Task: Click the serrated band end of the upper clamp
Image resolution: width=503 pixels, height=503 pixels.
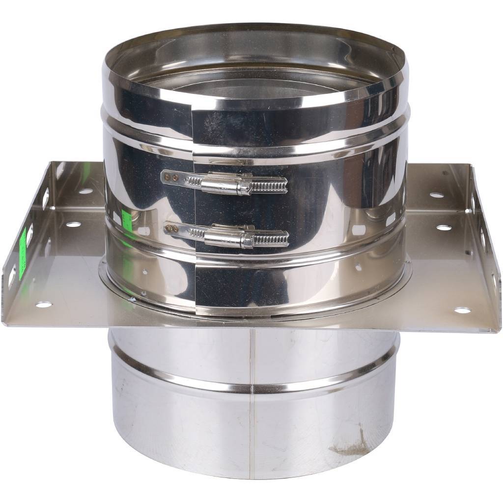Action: pyautogui.click(x=269, y=185)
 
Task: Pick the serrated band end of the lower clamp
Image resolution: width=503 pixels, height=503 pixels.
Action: pyautogui.click(x=271, y=240)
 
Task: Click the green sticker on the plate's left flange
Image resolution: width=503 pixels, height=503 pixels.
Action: pyautogui.click(x=22, y=253)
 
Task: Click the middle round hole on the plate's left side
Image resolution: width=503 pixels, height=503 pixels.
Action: pyautogui.click(x=73, y=224)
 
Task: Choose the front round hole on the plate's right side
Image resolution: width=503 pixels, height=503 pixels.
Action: pyautogui.click(x=462, y=310)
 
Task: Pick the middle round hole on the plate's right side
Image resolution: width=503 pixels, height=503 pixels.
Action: pyautogui.click(x=444, y=228)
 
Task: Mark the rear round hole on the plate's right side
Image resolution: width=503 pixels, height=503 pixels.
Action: pyautogui.click(x=436, y=195)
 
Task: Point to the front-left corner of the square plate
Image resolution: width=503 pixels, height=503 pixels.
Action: pyautogui.click(x=4, y=322)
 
